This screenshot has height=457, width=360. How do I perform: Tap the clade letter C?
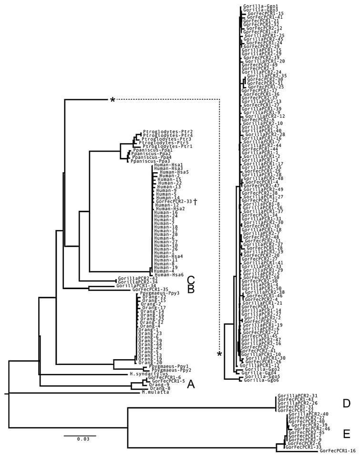pyautogui.click(x=176, y=280)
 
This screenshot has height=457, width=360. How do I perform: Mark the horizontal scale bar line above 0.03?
pyautogui.click(x=80, y=436)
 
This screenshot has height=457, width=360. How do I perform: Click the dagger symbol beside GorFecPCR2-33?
pyautogui.click(x=195, y=202)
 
